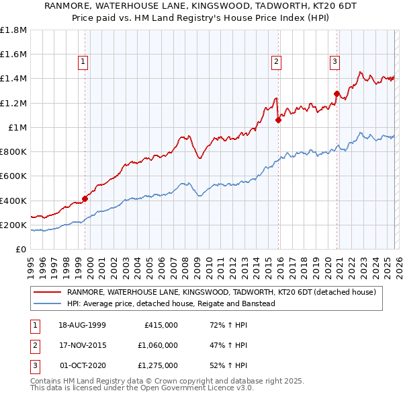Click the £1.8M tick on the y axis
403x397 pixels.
tap(13, 30)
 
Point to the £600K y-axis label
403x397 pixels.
tap(13, 176)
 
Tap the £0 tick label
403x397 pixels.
tap(21, 249)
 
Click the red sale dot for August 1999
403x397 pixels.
tap(85, 199)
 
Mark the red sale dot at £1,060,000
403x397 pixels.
tap(278, 120)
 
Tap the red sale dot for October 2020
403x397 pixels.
tap(336, 94)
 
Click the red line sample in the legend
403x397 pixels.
tap(48, 292)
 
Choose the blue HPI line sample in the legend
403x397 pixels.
tap(48, 303)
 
